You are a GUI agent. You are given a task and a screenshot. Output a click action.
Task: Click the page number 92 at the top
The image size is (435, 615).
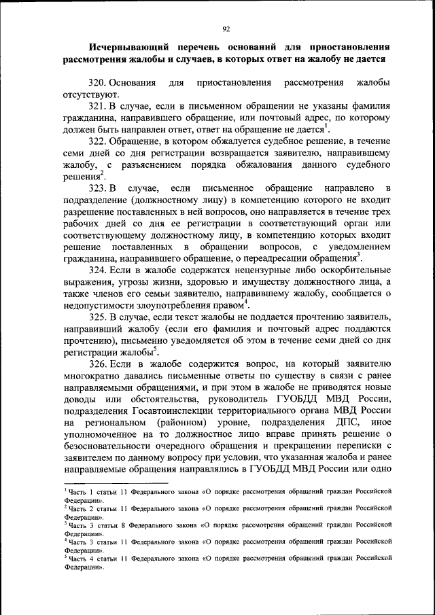(x=227, y=29)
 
